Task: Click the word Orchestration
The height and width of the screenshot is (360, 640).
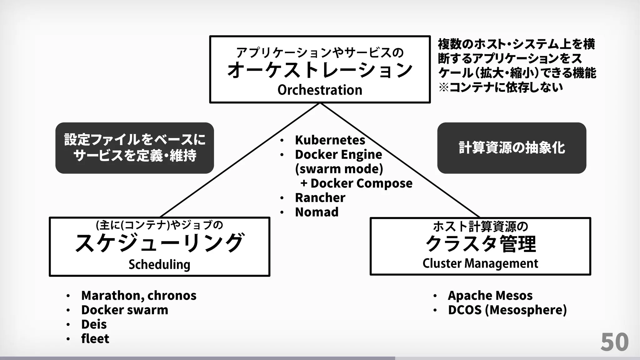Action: click(x=320, y=90)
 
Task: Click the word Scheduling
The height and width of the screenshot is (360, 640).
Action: click(x=159, y=264)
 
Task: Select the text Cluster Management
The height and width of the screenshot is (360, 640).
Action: click(x=480, y=263)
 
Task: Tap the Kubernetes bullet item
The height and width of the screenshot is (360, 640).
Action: click(x=330, y=140)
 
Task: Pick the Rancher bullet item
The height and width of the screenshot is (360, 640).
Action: click(x=320, y=197)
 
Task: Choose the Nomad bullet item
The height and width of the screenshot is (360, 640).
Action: click(x=317, y=212)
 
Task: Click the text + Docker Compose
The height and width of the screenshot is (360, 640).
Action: click(x=356, y=183)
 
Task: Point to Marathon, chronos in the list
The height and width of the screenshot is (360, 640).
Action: click(x=139, y=295)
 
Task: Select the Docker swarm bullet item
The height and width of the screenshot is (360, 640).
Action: click(x=125, y=310)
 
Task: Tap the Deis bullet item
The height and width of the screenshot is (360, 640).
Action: click(x=94, y=324)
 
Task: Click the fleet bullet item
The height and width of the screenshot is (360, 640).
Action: click(x=95, y=338)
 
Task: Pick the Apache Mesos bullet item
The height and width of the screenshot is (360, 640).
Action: click(x=490, y=295)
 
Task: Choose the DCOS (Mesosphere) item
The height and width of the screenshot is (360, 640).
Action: click(x=507, y=310)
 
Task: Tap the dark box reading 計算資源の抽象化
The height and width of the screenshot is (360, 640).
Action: click(x=512, y=148)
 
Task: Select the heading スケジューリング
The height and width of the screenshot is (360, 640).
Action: click(x=159, y=243)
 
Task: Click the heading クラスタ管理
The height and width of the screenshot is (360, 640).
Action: click(x=480, y=244)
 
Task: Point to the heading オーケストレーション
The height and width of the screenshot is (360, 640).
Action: click(x=320, y=70)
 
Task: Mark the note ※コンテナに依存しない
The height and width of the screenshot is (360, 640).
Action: click(x=501, y=87)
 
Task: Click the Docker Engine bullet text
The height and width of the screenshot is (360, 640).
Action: click(x=338, y=154)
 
